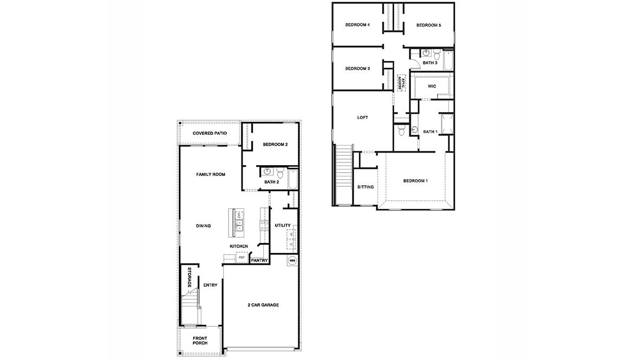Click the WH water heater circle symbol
[x=292, y=260]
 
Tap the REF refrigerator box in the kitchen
[x=240, y=258]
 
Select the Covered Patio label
[x=210, y=133]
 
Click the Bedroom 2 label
[x=275, y=145]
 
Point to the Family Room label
[x=211, y=174]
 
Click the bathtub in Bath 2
[x=292, y=179]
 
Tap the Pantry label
[x=259, y=261]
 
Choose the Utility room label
[x=282, y=225]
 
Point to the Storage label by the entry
[x=190, y=277]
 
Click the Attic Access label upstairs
[x=402, y=82]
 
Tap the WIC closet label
[x=432, y=86]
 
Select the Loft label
[x=363, y=117]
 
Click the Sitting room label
[x=365, y=187]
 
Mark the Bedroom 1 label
[x=415, y=180]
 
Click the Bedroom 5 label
[x=429, y=25]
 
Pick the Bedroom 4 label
[x=357, y=25]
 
